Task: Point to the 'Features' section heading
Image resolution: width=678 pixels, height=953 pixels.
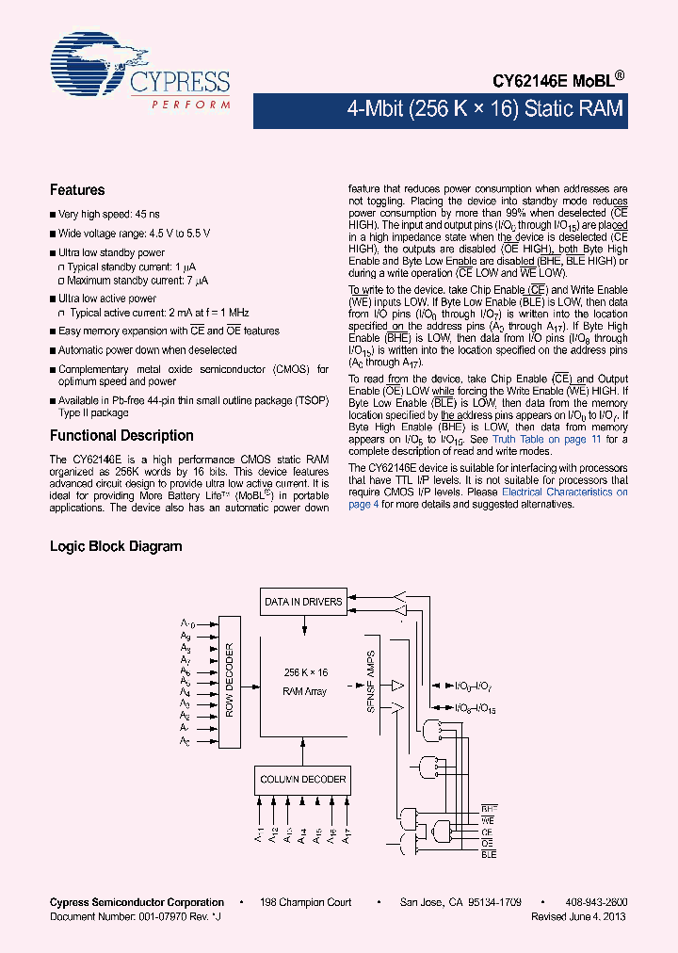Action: pos(77,190)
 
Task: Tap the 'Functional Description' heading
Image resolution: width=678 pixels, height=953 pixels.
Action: pos(121,436)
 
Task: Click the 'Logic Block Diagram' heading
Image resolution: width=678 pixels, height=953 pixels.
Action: pos(116,546)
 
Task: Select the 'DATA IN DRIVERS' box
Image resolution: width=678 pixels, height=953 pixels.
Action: pos(303,602)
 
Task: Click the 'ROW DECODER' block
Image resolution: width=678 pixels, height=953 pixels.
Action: pos(229,680)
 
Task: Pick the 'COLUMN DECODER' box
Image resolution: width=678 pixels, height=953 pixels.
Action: pos(303,779)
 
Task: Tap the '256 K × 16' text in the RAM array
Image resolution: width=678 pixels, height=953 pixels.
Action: pos(305,673)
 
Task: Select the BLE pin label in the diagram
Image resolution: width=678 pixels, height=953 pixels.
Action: pos(488,854)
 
